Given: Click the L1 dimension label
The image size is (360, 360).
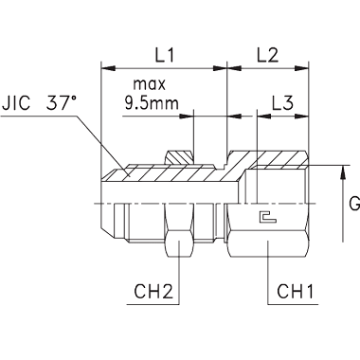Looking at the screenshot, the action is pyautogui.click(x=165, y=55).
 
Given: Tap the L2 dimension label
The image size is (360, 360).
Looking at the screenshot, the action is pyautogui.click(x=267, y=55).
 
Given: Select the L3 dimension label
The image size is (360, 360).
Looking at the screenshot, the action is pyautogui.click(x=282, y=102).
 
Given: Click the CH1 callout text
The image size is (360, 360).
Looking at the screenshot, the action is pyautogui.click(x=296, y=292).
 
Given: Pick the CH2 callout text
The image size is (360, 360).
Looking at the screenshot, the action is pyautogui.click(x=153, y=292).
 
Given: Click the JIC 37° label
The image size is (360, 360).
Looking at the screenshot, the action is pyautogui.click(x=39, y=102).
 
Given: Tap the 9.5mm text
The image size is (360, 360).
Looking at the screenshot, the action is pyautogui.click(x=152, y=102).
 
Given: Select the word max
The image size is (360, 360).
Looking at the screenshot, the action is pyautogui.click(x=149, y=84).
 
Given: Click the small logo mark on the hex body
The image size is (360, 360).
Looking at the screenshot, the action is pyautogui.click(x=267, y=217).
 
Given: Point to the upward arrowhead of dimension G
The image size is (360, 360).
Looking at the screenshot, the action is pyautogui.click(x=343, y=172).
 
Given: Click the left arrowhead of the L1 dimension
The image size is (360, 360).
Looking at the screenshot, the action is pyautogui.click(x=108, y=68).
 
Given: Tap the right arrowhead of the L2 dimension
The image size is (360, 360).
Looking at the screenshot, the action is pyautogui.click(x=301, y=68).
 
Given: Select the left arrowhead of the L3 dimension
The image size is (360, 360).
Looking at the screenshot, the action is pyautogui.click(x=264, y=117).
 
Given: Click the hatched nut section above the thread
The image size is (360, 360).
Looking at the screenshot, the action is pyautogui.click(x=179, y=157).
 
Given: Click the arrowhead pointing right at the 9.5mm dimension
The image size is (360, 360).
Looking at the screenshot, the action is pyautogui.click(x=186, y=117).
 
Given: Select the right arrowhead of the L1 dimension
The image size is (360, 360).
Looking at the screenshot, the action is pyautogui.click(x=220, y=68).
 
